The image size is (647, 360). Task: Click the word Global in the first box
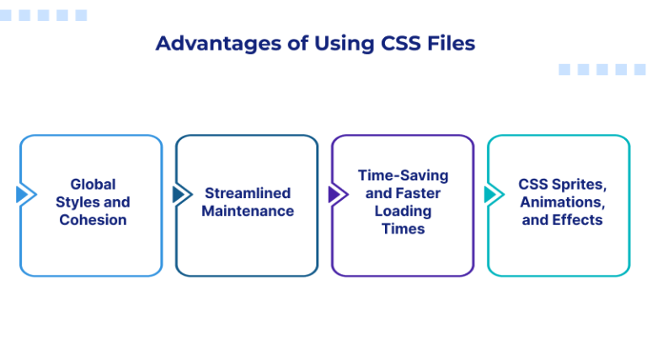pos(93,184)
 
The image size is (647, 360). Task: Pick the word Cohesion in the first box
pos(93,220)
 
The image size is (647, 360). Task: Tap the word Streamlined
pos(248,193)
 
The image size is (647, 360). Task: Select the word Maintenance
pos(248,211)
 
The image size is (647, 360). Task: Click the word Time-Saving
pos(403,175)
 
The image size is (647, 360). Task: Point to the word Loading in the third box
pos(403,211)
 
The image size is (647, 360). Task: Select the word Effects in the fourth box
pos(577,220)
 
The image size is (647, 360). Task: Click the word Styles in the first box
pos(77,202)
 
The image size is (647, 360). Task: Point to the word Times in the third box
pos(403,228)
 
